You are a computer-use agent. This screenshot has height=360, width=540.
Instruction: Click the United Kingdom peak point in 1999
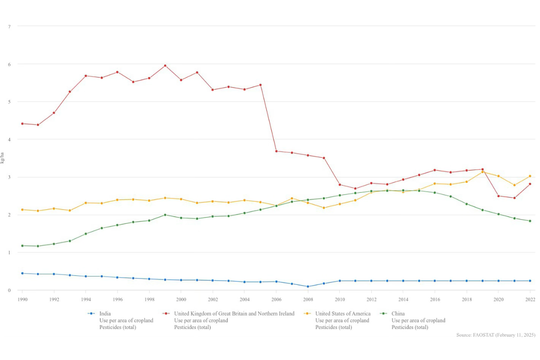pyautogui.click(x=165, y=66)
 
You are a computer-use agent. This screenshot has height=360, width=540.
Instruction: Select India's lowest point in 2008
pyautogui.click(x=308, y=287)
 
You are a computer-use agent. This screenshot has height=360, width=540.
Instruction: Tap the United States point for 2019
pyautogui.click(x=482, y=172)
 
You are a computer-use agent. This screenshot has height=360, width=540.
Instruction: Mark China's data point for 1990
pyautogui.click(x=22, y=246)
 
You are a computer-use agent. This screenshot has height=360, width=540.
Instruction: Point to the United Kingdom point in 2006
pyautogui.click(x=276, y=151)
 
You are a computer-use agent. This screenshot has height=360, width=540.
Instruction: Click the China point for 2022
pyautogui.click(x=530, y=221)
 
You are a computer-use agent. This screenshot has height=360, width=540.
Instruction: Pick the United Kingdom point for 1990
pyautogui.click(x=22, y=123)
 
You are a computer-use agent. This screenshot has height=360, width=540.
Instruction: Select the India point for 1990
pyautogui.click(x=22, y=273)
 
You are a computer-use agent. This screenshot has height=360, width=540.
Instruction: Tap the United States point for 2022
pyautogui.click(x=530, y=176)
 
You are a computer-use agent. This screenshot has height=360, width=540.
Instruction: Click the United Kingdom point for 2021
pyautogui.click(x=514, y=198)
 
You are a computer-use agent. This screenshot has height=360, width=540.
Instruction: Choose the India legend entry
pyautogui.click(x=105, y=314)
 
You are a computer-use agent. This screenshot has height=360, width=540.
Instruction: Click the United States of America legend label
pyautogui.click(x=343, y=314)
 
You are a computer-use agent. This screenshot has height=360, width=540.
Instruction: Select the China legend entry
pyautogui.click(x=398, y=314)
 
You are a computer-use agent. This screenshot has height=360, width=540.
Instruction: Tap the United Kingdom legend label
pyautogui.click(x=234, y=314)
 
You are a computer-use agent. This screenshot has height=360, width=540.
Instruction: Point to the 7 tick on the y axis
pyautogui.click(x=9, y=26)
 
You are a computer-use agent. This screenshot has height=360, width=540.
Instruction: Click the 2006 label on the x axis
pyautogui.click(x=276, y=299)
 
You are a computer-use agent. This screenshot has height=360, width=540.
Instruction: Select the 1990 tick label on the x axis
pyautogui.click(x=22, y=299)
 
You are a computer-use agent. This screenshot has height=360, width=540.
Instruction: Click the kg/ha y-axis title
pyautogui.click(x=3, y=157)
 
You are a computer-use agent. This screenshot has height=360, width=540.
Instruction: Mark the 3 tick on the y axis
pyautogui.click(x=9, y=177)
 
